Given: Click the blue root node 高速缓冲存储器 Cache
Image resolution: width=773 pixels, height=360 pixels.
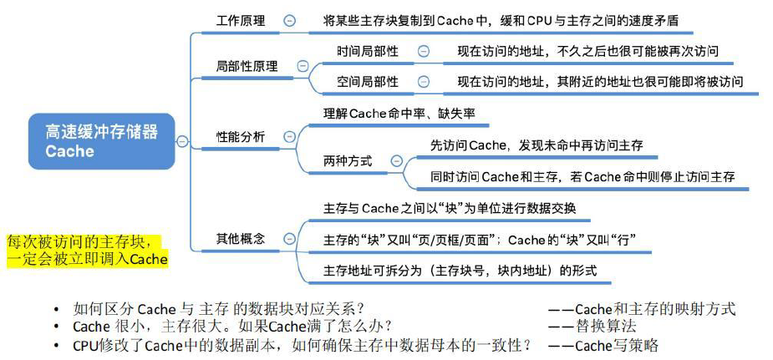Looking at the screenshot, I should point(100,141).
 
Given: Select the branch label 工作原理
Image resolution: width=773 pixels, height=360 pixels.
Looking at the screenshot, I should point(241,20).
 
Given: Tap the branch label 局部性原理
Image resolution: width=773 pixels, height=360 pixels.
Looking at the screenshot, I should point(247,65).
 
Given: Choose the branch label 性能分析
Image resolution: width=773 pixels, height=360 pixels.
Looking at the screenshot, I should point(241,136).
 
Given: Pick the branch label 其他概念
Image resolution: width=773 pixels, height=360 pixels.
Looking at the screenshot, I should point(241,238).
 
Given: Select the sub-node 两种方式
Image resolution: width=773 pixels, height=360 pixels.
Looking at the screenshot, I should point(348,160).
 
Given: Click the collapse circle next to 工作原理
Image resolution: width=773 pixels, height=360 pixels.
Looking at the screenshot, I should point(289,21).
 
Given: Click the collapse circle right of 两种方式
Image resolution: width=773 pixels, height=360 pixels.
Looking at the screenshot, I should point(396,160).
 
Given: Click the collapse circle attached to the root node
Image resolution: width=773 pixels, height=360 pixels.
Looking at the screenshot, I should point(182,141).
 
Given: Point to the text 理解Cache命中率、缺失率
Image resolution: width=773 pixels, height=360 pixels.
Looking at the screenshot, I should point(399,113).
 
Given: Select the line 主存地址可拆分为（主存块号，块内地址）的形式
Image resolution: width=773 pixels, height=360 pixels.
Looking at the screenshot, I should point(460,271).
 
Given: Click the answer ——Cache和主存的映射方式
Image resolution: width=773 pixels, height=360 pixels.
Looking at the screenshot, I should point(642,308).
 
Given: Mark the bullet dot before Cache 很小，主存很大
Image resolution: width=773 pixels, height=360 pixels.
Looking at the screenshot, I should point(56,327).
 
